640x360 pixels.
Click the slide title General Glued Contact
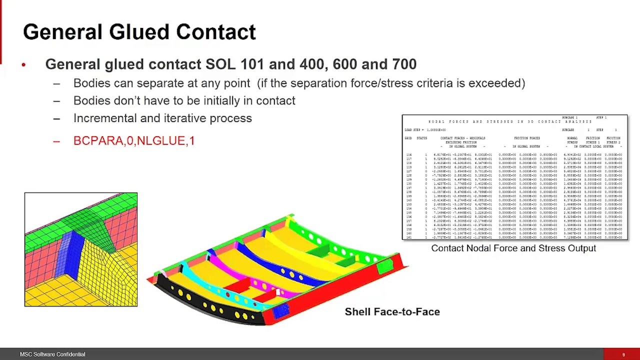point(139,32)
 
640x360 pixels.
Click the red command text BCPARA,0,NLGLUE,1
point(134,141)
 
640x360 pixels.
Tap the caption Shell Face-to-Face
point(392,311)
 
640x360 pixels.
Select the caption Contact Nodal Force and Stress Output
point(513,248)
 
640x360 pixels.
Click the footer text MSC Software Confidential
point(52,354)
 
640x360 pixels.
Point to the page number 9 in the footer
point(623,354)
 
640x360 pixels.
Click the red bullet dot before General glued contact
point(23,64)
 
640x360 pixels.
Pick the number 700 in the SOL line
point(403,64)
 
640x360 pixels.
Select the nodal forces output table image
point(514,178)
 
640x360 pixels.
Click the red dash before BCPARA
point(56,141)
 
